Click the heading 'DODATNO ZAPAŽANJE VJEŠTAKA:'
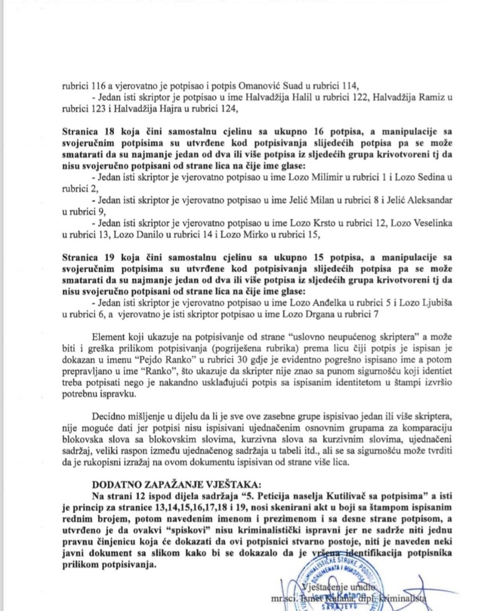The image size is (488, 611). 176,485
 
